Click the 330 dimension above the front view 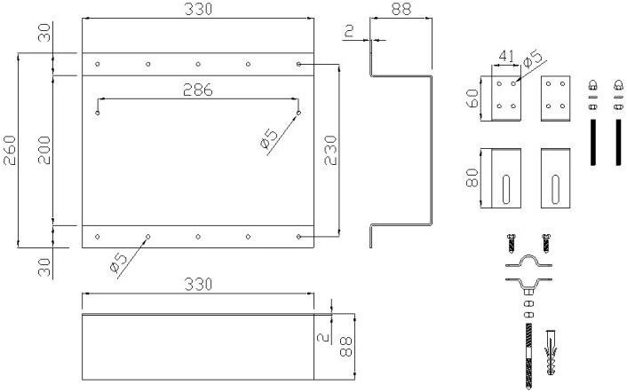click(x=197, y=9)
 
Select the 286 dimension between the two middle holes click(x=197, y=89)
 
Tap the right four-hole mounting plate click(x=555, y=96)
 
